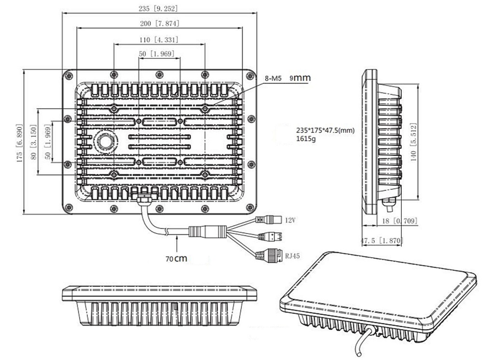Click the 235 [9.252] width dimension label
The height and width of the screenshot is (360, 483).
click(159, 8)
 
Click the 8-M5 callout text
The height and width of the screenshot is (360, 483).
click(273, 78)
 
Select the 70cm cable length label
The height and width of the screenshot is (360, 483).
click(176, 259)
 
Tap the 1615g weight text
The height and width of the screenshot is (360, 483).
click(307, 139)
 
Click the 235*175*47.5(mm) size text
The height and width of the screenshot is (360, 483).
click(327, 130)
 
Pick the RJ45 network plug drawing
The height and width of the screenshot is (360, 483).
click(273, 255)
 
